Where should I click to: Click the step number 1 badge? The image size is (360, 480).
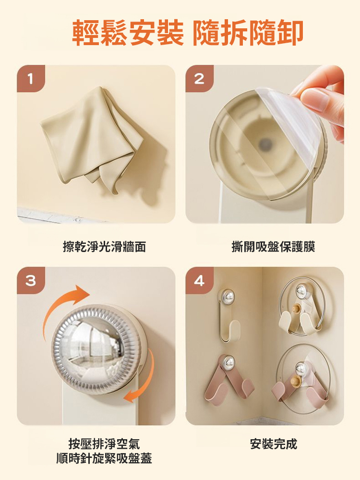[x=31, y=78]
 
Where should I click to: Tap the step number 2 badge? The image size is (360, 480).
[x=199, y=78]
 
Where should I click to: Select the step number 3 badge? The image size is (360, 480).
[x=31, y=280]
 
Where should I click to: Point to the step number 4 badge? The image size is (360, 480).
[x=199, y=280]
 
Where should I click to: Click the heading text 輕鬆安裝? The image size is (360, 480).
[x=128, y=33]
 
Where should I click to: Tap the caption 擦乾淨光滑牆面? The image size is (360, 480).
[x=104, y=247]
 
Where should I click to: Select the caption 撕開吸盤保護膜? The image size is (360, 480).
[x=273, y=247]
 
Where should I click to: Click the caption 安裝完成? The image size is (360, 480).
[x=274, y=444]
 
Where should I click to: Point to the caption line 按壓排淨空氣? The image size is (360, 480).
[x=104, y=444]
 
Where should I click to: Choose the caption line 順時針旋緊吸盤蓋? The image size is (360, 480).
[x=104, y=459]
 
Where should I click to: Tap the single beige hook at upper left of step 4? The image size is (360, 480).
[x=229, y=317]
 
